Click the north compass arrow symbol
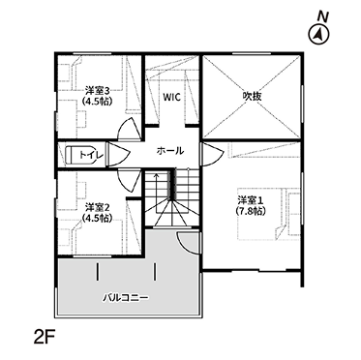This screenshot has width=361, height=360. tap(319, 34)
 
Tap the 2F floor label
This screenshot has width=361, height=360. tap(45, 338)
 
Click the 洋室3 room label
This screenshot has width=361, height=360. tap(97, 90)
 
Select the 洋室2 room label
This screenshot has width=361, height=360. tap(97, 206)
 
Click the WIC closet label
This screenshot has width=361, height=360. tap(171, 97)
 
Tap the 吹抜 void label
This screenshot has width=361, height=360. tap(252, 96)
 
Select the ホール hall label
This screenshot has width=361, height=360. tap(170, 151)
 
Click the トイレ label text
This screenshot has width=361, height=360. tap(91, 155)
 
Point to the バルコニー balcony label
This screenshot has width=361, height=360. tap(126, 297)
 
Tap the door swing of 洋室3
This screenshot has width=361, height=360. tap(129, 129)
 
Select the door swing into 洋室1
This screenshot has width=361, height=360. tap(211, 155)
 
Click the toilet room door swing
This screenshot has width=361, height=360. tap(118, 155)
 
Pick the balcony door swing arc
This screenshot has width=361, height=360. tap(188, 242)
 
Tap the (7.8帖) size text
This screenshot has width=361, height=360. tap(251, 211)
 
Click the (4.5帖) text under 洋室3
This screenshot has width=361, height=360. tap(97, 102)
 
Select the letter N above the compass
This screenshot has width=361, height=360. tap(321, 17)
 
